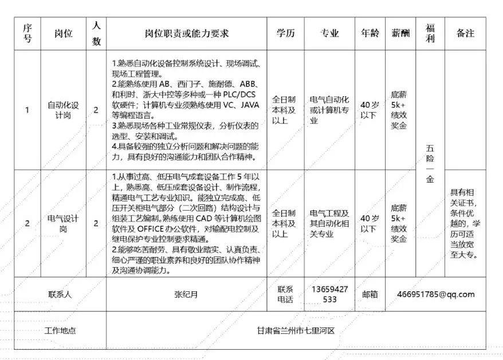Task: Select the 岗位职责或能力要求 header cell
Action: pos(186,33)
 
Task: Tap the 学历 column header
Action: pos(285,33)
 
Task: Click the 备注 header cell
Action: pos(465,33)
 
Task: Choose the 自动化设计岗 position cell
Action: pos(63,110)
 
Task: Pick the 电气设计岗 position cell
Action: pos(63,223)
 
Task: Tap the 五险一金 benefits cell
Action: pos(430,163)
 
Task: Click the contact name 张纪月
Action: pos(186,295)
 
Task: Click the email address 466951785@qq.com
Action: pos(436,295)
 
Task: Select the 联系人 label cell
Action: pos(60,295)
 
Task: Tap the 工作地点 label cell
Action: pos(60,331)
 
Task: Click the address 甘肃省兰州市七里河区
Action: pos(296,331)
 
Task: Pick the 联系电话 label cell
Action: pos(285,295)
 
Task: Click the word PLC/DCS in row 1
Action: pos(243,95)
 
